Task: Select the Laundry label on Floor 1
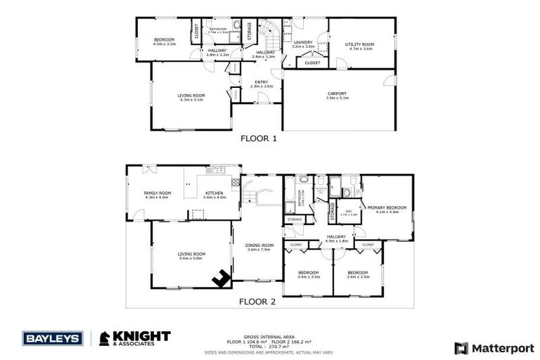303,44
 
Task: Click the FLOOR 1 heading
259,139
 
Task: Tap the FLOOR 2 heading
257,302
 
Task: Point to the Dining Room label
259,247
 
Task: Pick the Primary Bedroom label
387,210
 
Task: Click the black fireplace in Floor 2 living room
223,278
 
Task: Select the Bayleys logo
53,338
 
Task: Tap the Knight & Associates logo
133,338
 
